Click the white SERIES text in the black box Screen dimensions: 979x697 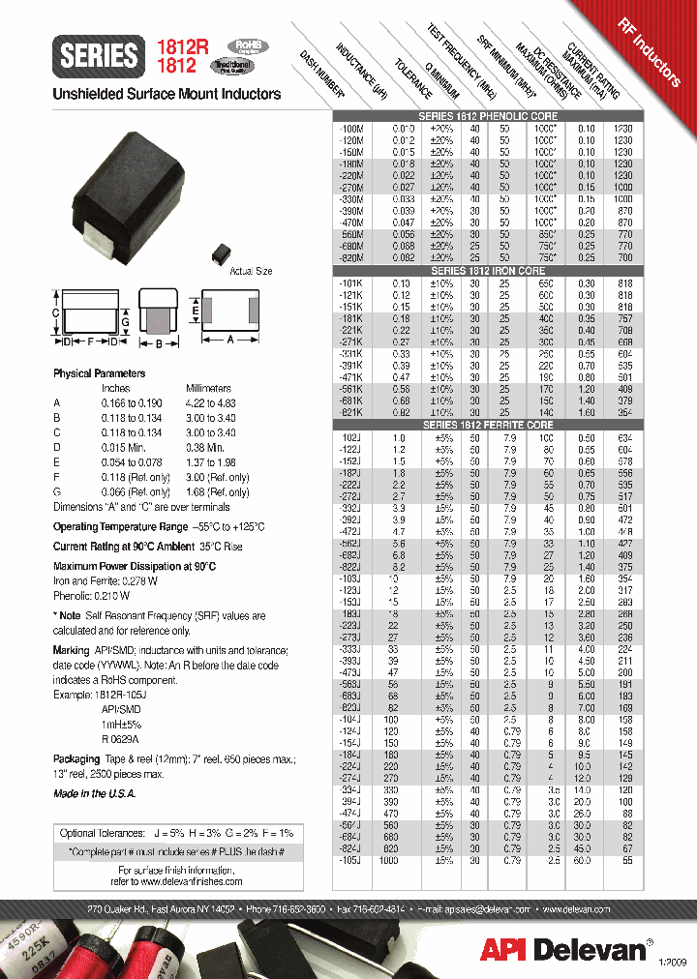point(99,56)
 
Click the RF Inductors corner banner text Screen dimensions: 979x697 point(650,50)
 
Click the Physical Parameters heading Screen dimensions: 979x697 point(99,373)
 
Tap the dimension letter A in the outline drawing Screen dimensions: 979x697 point(230,340)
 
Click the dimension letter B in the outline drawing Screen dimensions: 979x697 point(158,342)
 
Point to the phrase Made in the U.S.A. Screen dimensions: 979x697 point(94,793)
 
